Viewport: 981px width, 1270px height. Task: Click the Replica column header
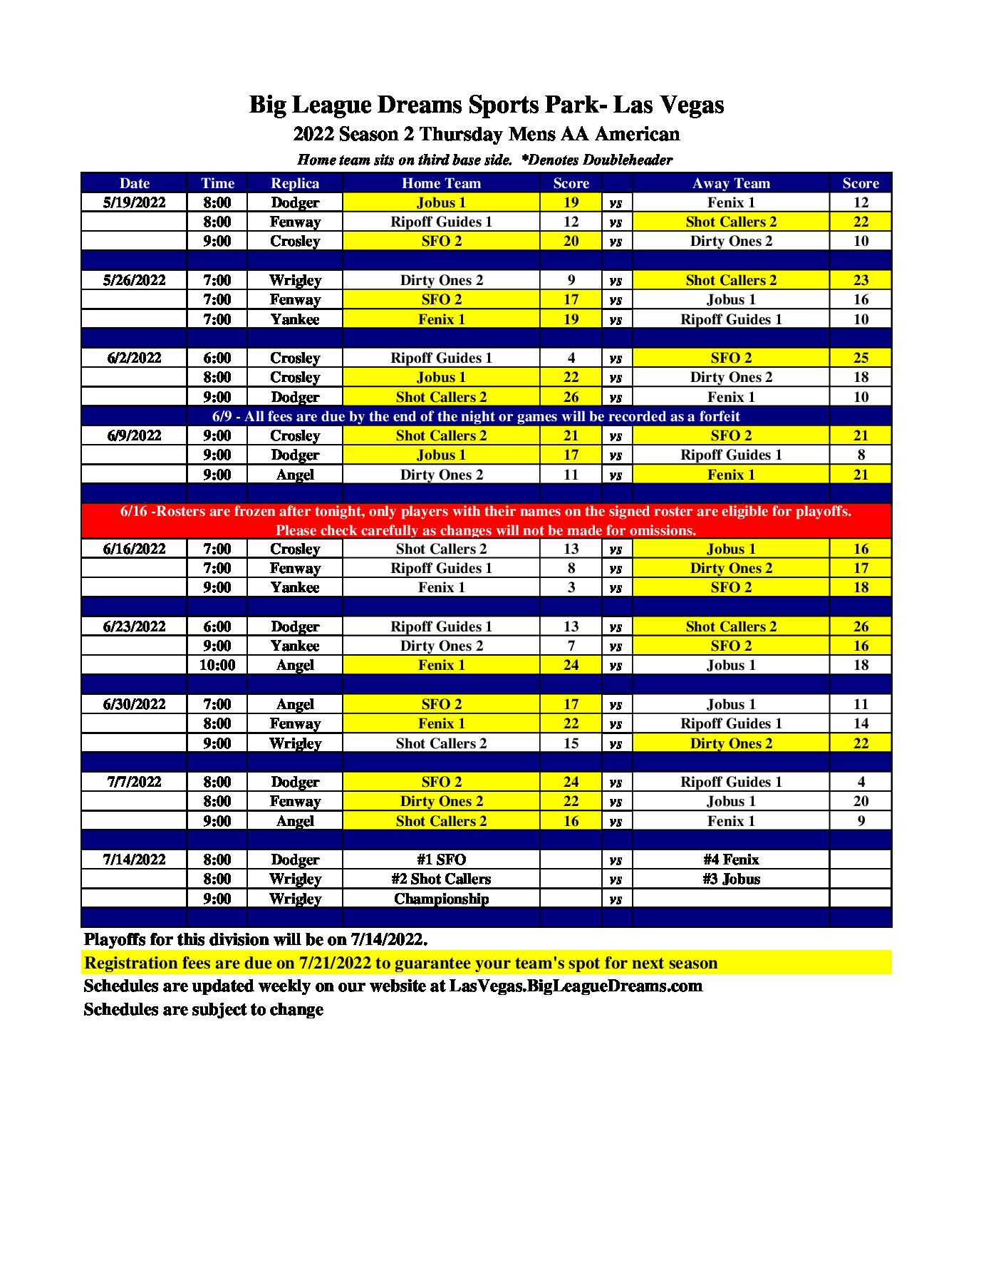pos(294,183)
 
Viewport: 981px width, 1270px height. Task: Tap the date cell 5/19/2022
pos(134,202)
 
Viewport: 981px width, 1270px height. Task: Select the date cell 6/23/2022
pos(134,626)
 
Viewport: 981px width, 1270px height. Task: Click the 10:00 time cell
pos(217,665)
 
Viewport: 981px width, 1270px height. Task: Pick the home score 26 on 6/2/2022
pos(571,397)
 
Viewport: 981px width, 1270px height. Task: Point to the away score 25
pos(861,358)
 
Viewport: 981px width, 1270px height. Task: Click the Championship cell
pos(441,899)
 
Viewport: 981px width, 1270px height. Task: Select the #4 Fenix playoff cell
pos(731,859)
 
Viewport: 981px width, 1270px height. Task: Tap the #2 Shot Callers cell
pos(441,879)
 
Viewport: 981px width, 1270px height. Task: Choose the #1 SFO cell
pos(441,859)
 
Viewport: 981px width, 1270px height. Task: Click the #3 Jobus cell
pos(731,879)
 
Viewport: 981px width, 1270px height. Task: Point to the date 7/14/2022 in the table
pos(134,859)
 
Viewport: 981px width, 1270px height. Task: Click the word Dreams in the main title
pos(420,105)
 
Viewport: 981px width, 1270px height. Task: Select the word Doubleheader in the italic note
pos(627,160)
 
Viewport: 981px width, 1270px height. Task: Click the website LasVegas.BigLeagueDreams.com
pos(576,986)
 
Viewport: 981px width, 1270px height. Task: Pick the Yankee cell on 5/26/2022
pos(294,319)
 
